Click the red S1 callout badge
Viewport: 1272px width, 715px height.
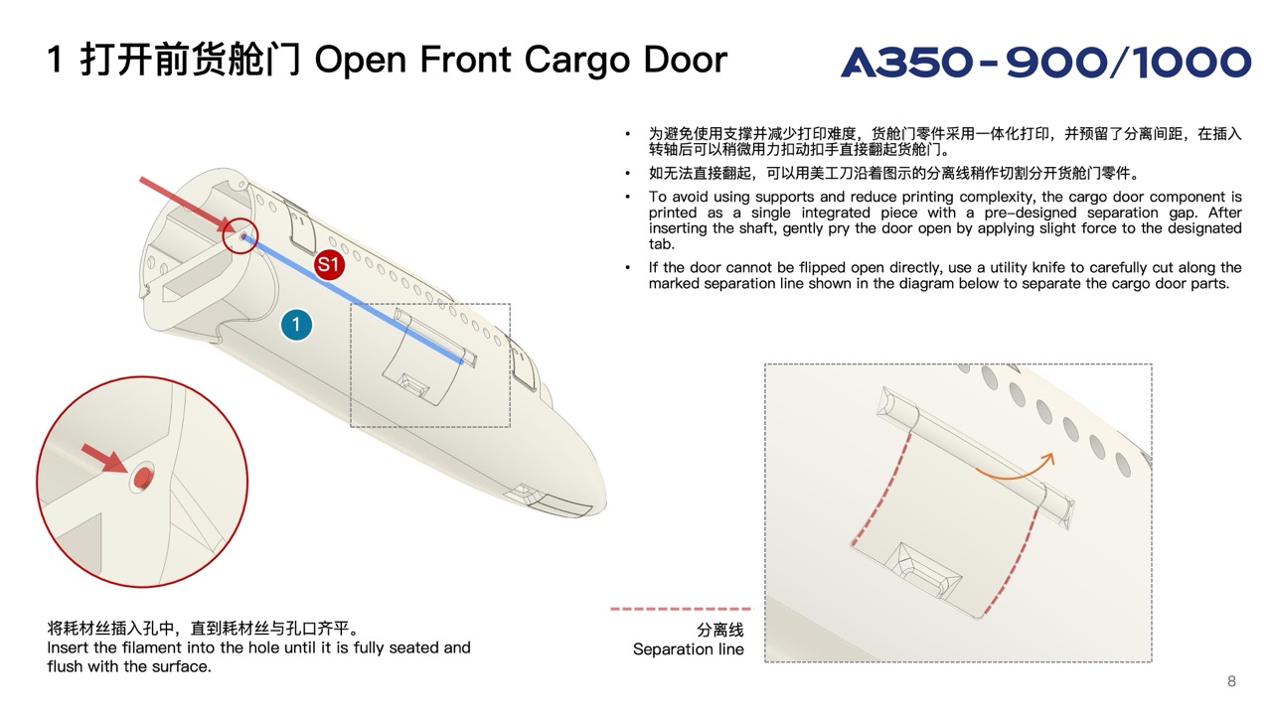pos(329,265)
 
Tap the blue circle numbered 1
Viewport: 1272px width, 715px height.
pos(296,324)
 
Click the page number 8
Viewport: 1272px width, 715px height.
pos(1232,680)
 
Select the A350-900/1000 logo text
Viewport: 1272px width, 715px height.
pos(1045,63)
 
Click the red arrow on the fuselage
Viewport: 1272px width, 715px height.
pos(184,204)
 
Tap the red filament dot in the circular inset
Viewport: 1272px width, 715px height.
pos(144,479)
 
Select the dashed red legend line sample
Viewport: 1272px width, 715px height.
pos(681,609)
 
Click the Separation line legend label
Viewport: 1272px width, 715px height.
pos(688,649)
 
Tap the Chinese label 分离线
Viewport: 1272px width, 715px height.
pos(719,630)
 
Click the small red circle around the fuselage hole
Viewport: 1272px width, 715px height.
pos(240,236)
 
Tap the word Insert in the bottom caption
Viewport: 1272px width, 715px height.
pos(68,647)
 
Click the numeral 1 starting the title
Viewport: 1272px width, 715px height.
pos(57,60)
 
